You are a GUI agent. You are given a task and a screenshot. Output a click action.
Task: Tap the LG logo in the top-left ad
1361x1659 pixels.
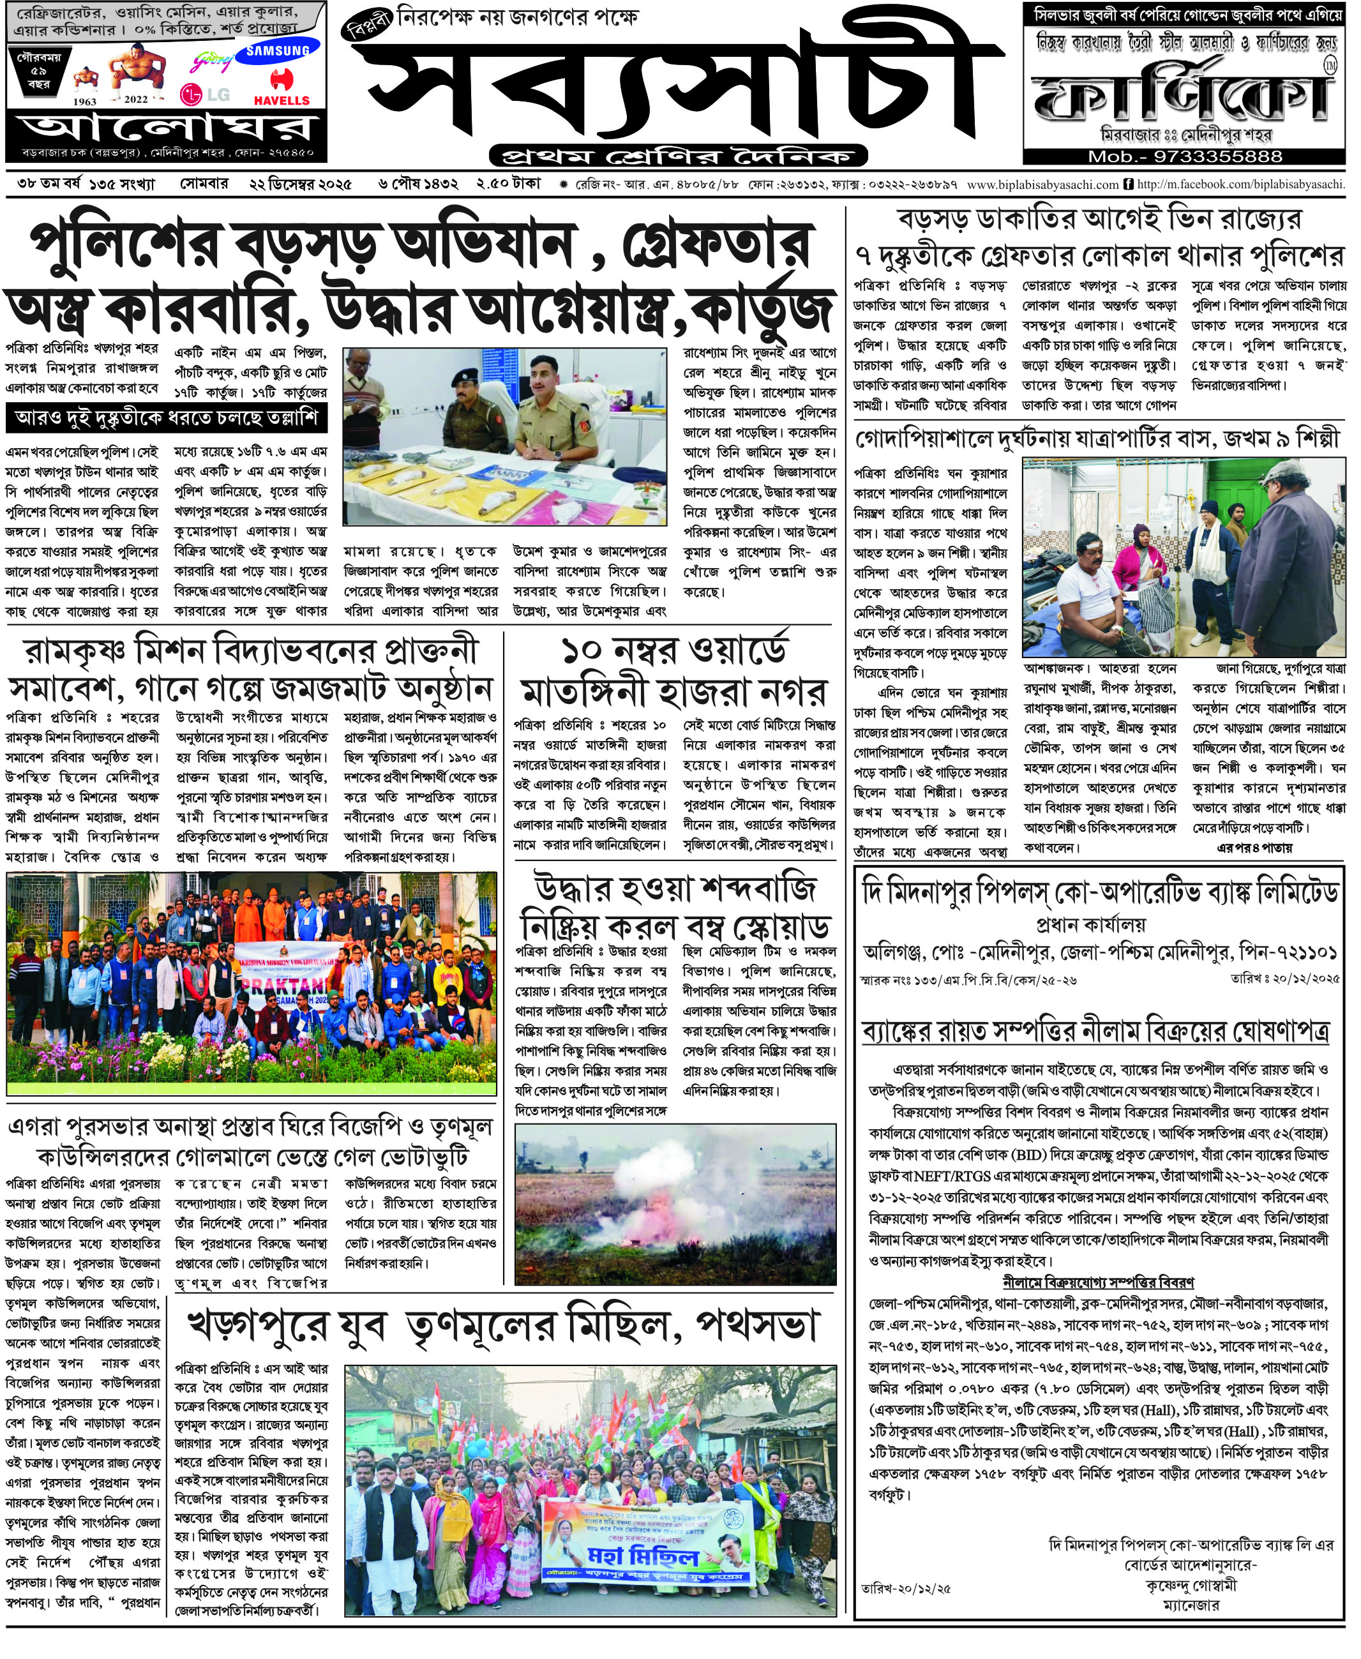tap(206, 95)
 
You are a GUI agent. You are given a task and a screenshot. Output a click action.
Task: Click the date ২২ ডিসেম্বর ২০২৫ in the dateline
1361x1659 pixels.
tap(300, 184)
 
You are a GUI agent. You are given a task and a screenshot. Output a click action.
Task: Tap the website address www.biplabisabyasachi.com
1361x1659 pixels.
tap(1042, 185)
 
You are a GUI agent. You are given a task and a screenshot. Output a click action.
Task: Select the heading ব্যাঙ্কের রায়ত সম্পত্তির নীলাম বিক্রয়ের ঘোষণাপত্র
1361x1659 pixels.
tap(1095, 1032)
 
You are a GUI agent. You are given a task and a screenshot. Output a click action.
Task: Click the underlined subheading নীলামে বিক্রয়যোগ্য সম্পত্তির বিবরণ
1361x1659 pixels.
tap(1097, 1282)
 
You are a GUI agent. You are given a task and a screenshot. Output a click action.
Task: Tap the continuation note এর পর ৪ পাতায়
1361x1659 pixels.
tap(1254, 848)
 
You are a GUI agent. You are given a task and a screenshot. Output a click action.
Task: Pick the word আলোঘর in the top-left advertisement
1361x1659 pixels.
tap(166, 128)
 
